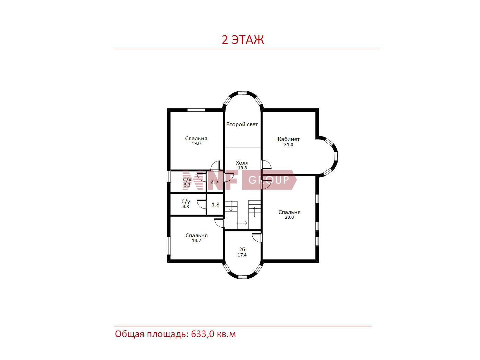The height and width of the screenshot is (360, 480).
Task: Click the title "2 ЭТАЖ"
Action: click(243, 40)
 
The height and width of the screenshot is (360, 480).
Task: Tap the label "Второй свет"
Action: click(242, 124)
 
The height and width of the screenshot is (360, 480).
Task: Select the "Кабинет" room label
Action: click(288, 139)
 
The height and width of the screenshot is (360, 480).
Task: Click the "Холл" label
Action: click(242, 163)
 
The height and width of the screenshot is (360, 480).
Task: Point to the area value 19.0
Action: click(196, 144)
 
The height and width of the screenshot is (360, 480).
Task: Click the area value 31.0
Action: click(289, 144)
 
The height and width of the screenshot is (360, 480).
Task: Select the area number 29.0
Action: click(289, 217)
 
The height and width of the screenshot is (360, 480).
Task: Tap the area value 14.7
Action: click(196, 241)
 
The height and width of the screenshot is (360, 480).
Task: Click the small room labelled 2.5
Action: click(214, 182)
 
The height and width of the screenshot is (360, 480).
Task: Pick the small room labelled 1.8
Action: click(215, 205)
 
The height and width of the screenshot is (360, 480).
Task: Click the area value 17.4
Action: click(242, 255)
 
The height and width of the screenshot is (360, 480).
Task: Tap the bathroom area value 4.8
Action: click(186, 206)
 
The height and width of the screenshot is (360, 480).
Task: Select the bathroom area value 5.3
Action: click(187, 185)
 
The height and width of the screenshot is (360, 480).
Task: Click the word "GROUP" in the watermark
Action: click(268, 180)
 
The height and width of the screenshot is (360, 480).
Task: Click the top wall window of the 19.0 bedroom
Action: click(196, 110)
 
